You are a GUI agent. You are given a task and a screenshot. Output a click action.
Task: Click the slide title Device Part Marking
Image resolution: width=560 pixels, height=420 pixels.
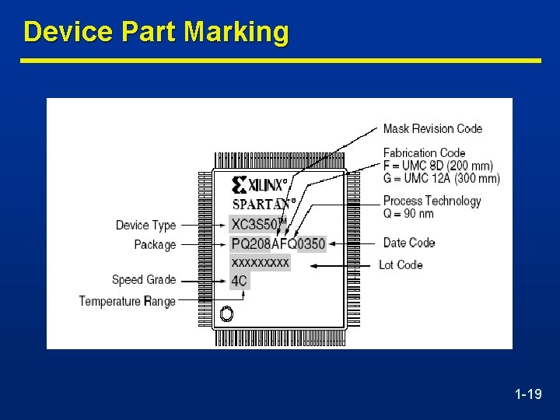click(x=156, y=33)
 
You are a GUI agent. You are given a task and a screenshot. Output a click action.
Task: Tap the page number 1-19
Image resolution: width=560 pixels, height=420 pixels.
click(x=528, y=395)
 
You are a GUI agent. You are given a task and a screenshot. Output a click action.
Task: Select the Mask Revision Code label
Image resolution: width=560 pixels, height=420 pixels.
click(x=432, y=128)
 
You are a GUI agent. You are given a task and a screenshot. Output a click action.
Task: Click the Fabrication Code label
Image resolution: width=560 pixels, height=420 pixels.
click(x=424, y=152)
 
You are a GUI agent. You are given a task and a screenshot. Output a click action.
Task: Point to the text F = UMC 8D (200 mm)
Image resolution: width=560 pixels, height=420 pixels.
click(x=438, y=166)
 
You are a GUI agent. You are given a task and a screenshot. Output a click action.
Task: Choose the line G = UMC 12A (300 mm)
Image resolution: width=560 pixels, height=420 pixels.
click(x=441, y=178)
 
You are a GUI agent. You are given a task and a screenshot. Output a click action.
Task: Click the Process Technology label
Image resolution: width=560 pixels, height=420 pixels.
click(x=432, y=201)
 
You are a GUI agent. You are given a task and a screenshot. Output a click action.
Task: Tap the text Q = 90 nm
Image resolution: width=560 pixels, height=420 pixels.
click(x=408, y=213)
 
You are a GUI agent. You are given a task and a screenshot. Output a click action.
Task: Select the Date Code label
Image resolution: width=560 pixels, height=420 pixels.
click(x=408, y=243)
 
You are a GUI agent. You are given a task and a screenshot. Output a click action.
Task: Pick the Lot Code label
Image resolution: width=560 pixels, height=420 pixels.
click(x=401, y=264)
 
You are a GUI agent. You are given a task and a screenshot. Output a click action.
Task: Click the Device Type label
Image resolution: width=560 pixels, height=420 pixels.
click(x=145, y=225)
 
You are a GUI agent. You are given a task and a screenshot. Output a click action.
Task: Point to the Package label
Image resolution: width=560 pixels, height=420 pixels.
click(x=155, y=244)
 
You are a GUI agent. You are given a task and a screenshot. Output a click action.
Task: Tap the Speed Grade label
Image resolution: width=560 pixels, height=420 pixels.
click(x=144, y=279)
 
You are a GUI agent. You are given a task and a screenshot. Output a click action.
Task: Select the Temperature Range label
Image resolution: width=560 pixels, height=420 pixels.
click(x=127, y=301)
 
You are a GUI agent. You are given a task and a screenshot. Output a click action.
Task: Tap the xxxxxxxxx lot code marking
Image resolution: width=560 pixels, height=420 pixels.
click(x=261, y=263)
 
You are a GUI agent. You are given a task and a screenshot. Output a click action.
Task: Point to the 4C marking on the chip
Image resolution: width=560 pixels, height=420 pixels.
click(x=239, y=280)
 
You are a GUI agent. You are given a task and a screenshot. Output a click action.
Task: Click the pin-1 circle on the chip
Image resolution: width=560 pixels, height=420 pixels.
click(x=226, y=314)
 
